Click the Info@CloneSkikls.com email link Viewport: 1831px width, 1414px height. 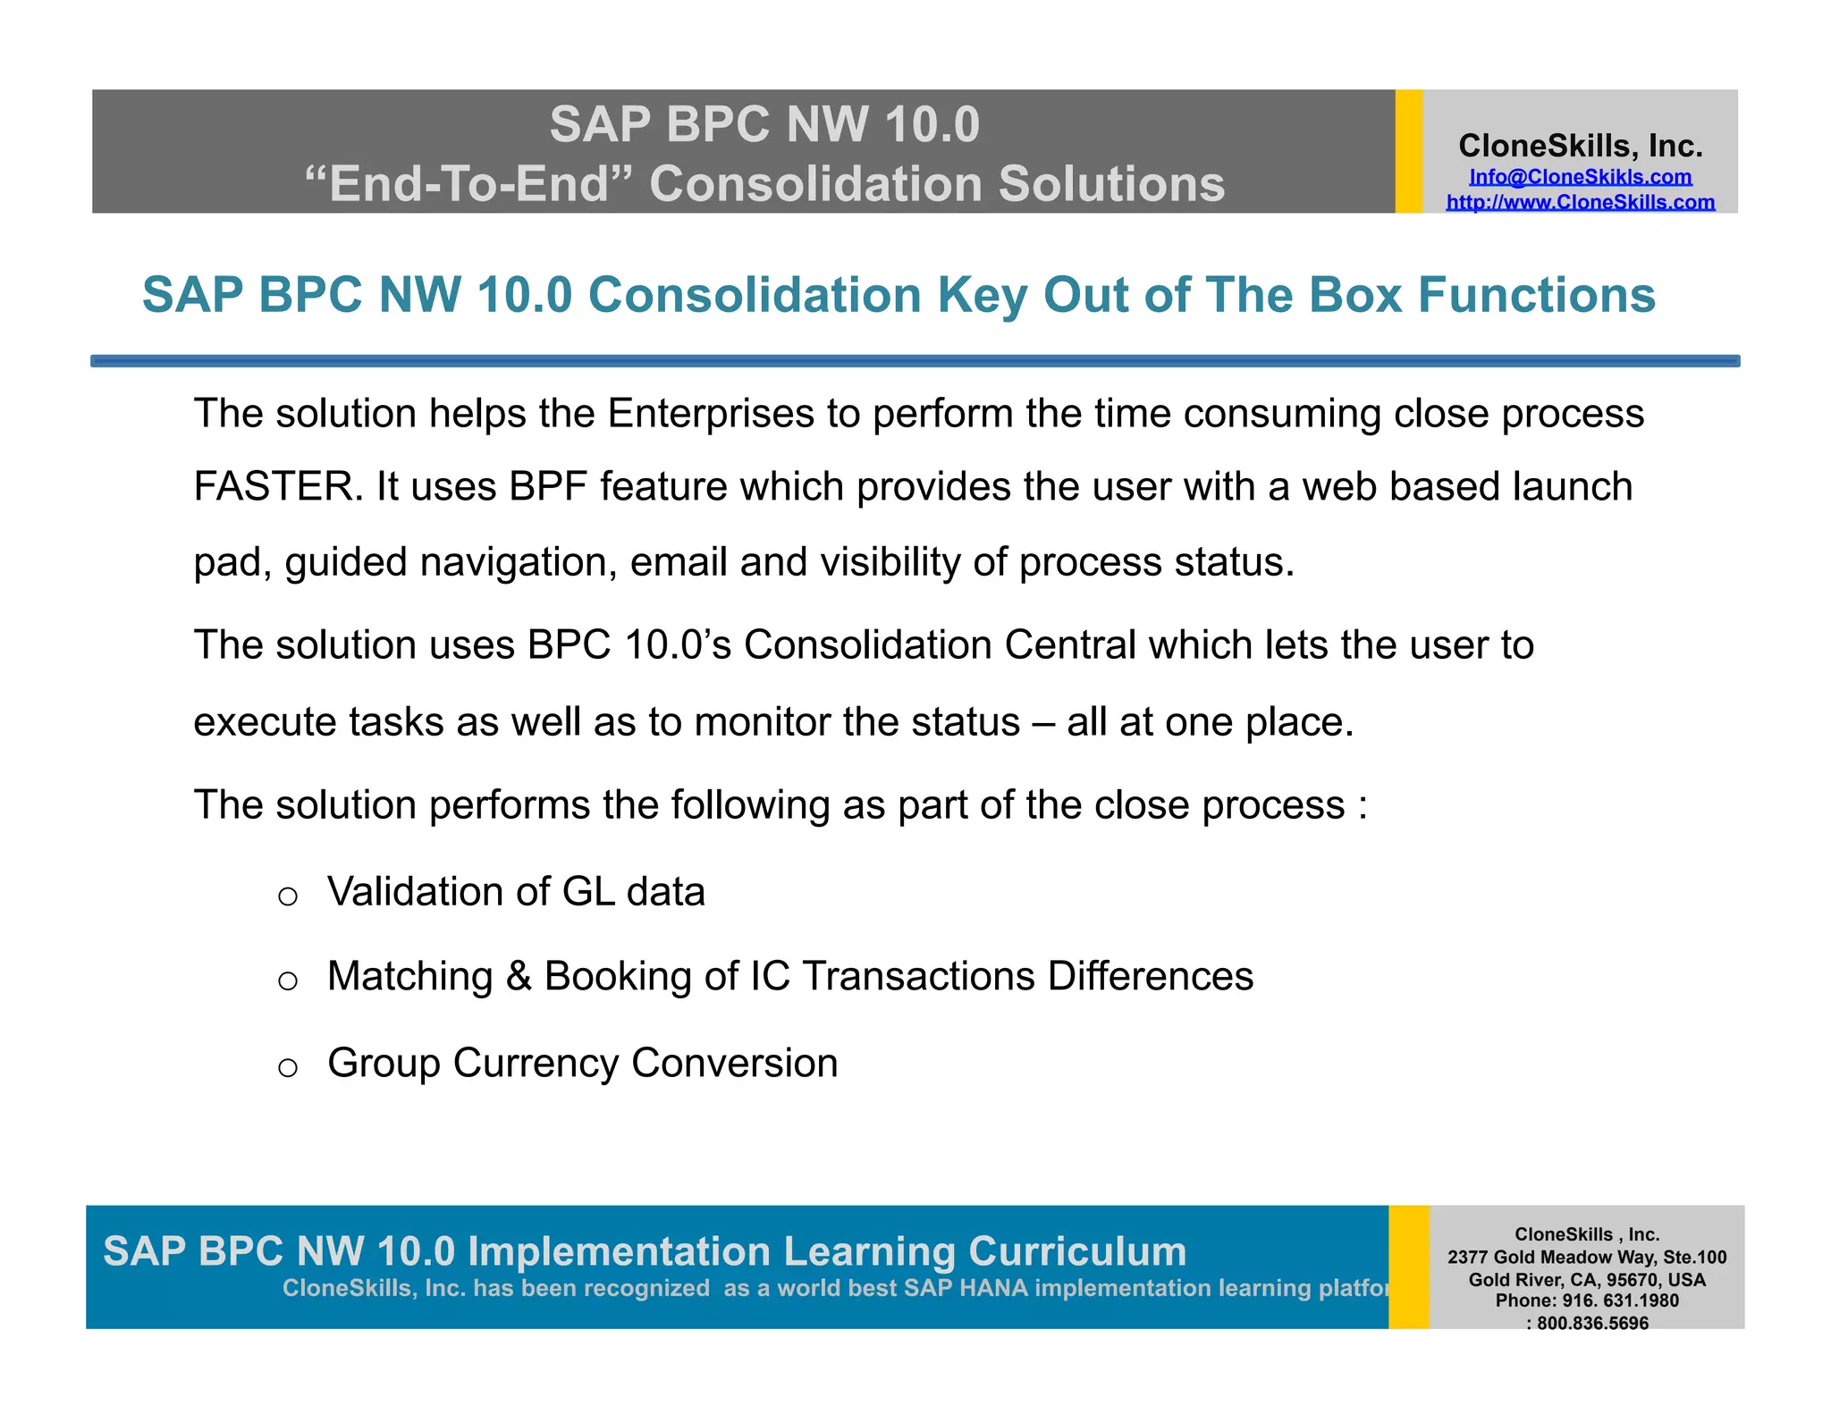coord(1580,177)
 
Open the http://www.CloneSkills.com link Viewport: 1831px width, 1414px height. coord(1580,202)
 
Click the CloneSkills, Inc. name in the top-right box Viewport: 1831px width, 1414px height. coord(1580,146)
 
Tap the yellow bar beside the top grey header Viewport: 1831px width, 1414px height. coord(1408,151)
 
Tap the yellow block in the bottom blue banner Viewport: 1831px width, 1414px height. coord(1408,1267)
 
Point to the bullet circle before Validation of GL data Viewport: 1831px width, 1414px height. coord(287,896)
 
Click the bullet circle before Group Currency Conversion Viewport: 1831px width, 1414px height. coord(287,1067)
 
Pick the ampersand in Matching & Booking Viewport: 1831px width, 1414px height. coord(519,976)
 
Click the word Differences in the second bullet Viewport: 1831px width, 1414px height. coord(1150,976)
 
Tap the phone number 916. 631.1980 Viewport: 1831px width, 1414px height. coord(1620,1300)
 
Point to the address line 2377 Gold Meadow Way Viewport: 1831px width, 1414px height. coord(1587,1258)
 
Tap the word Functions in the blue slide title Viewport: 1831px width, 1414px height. coord(1537,295)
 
